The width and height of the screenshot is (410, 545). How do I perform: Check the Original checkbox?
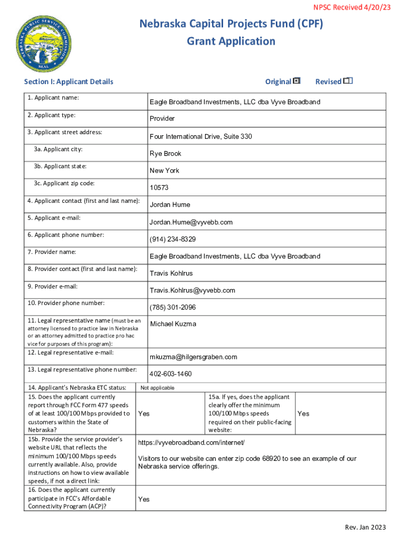[297, 81]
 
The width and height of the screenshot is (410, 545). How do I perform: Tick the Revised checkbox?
[348, 81]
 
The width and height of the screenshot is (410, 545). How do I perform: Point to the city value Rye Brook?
[166, 154]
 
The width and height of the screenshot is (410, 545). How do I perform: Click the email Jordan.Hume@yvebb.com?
[191, 222]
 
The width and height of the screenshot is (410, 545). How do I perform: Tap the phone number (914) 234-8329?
[173, 239]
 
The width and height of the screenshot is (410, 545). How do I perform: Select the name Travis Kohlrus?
[171, 273]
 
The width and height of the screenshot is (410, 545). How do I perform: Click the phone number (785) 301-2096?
[173, 307]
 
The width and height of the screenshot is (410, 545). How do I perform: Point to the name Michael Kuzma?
[173, 324]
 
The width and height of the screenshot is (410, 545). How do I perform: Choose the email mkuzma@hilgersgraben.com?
[193, 357]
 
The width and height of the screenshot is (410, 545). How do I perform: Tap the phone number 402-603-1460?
[170, 374]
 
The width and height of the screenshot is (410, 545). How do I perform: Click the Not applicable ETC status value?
[157, 388]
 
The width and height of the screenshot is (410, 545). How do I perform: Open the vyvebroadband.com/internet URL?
[191, 443]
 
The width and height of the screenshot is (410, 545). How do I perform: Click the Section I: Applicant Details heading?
[69, 81]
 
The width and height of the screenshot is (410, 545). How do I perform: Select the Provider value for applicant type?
[162, 119]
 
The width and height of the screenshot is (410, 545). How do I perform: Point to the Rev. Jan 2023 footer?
[365, 527]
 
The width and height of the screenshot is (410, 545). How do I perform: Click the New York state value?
[165, 171]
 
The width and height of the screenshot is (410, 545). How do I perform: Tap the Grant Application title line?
[231, 42]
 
